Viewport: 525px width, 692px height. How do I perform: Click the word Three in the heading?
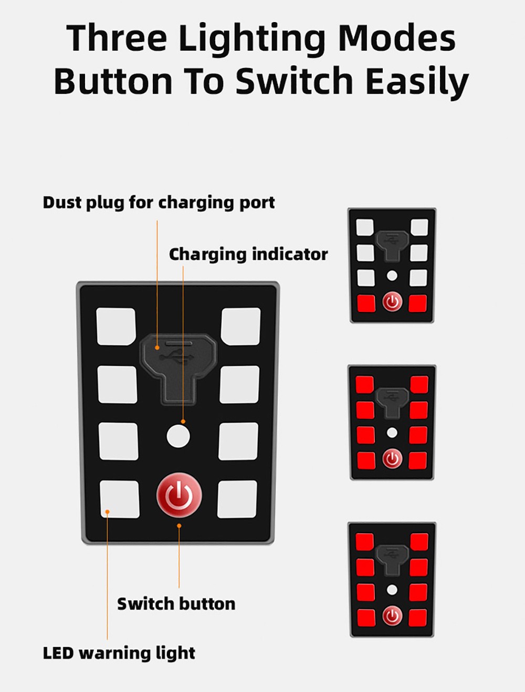pos(117,37)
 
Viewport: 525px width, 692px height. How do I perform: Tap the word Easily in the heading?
pos(417,81)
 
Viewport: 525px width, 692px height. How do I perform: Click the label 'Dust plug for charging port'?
pos(159,202)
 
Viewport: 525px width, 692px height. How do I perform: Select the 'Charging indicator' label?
pos(248,255)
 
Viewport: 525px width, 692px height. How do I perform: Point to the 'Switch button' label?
pos(176,604)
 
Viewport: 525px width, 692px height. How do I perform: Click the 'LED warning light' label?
pos(119,653)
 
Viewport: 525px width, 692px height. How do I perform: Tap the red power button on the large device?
pos(179,495)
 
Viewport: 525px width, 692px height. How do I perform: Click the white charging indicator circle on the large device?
pos(178,436)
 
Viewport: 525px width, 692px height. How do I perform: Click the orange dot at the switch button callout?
pos(179,526)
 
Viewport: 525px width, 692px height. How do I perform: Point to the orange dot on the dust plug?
pos(157,348)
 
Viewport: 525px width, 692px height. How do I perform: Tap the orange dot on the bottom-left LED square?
pos(108,511)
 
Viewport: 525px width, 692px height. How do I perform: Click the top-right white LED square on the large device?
pos(241,326)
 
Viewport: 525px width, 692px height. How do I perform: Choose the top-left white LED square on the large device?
pos(116,326)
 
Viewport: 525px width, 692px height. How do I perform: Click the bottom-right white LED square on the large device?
pos(237,499)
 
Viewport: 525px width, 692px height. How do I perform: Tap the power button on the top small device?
pos(392,302)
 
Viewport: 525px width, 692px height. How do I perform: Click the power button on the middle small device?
pos(392,459)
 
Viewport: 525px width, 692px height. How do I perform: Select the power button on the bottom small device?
pos(392,616)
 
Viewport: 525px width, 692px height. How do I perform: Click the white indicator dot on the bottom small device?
pos(392,590)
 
